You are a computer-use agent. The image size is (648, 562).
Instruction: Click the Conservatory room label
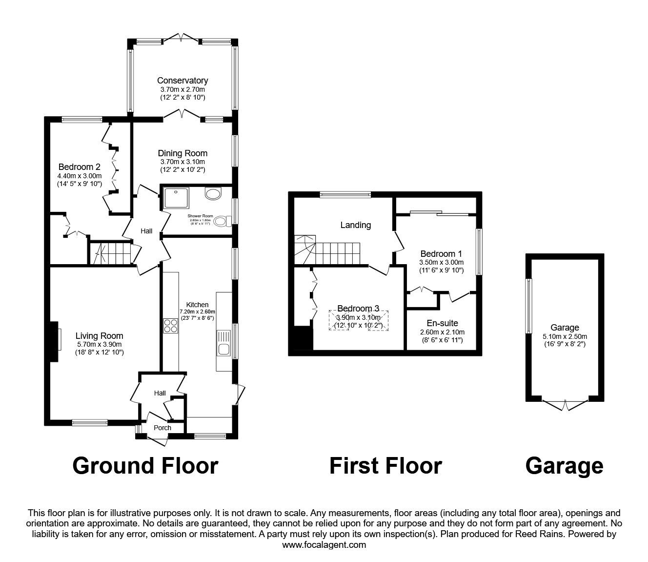coord(182,81)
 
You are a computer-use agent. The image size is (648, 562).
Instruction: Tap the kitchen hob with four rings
coord(170,325)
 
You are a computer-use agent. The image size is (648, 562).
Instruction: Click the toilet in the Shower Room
coord(223,222)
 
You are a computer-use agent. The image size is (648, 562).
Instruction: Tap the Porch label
coord(162,428)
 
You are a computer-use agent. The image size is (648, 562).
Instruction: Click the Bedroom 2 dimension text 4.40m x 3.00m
coord(79,176)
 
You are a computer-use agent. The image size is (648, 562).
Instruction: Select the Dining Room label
coord(182,153)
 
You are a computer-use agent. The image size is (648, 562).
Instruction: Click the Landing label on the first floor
coord(355,225)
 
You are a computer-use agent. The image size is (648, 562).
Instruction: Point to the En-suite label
coord(442,323)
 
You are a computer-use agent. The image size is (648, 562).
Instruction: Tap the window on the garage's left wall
coord(527,306)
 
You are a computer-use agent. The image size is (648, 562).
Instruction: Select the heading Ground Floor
coord(145,466)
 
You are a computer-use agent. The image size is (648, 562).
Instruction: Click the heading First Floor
coord(385,466)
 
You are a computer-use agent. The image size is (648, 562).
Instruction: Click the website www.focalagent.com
coord(324,544)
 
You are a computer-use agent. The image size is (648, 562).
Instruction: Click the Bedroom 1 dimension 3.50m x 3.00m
coord(441,262)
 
